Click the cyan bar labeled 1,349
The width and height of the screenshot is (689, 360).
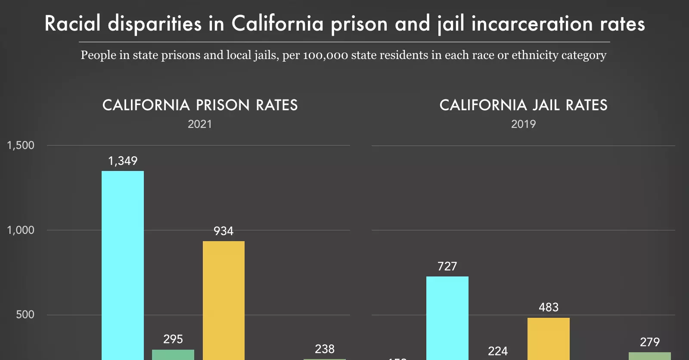pos(123,265)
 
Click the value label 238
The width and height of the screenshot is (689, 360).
pos(325,349)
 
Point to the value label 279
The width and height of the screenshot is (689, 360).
pos(649,342)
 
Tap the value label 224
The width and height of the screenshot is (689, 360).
pos(498,351)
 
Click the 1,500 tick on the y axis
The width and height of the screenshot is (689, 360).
pos(21,146)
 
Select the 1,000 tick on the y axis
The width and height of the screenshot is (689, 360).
pos(21,230)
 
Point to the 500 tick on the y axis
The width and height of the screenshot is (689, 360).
pos(25,314)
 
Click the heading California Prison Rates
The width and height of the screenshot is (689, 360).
pos(200,105)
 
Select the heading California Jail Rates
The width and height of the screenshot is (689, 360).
pos(523,105)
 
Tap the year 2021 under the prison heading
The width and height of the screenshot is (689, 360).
pos(200,124)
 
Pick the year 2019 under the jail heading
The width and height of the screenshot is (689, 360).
pos(523,124)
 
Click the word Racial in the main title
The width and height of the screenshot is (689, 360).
pos(72,24)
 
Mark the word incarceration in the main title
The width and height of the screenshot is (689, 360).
pos(532,24)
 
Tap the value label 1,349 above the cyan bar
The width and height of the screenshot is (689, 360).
pos(123,161)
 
